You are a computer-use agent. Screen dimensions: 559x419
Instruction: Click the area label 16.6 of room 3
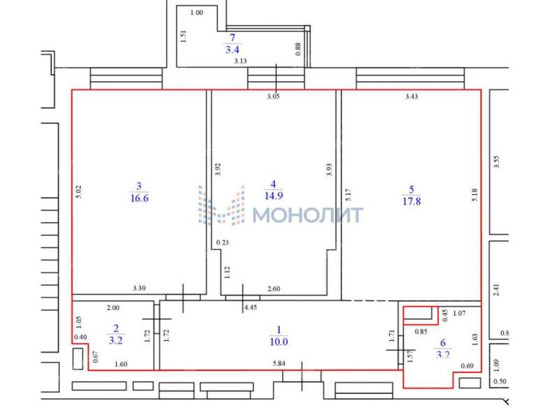coord(139,198)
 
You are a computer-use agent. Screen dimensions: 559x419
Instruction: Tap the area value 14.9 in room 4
coord(274,196)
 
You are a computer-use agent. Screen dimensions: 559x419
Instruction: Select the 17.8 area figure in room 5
coord(412,201)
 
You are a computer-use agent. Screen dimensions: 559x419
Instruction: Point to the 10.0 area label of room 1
coord(279,341)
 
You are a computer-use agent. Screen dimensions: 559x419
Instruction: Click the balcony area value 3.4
coord(232,50)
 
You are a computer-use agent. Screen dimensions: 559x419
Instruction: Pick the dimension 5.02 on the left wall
coord(79,191)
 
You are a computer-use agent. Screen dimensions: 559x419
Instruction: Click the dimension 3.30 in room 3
coord(139,288)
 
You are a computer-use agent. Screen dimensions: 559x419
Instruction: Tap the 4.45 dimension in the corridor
coord(250,307)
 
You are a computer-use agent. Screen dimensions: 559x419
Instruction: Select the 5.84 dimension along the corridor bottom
coord(279,363)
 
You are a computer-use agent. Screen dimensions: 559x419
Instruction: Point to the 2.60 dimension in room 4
coord(274,288)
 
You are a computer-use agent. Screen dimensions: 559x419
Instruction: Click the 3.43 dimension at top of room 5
coord(412,96)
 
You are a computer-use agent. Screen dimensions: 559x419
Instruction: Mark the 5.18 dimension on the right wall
coord(474,195)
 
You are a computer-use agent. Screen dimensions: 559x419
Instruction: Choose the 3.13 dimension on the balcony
coord(240,61)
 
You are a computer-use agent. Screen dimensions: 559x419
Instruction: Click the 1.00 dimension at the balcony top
coord(196,13)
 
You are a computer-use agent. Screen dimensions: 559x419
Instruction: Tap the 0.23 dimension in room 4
coord(222,242)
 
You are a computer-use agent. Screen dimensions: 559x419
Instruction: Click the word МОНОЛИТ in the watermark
coord(307,215)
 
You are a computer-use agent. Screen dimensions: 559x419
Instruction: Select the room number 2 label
coord(116,328)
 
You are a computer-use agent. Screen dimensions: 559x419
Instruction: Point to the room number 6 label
coord(443,343)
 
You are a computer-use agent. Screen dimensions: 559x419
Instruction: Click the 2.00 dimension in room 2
coord(113,308)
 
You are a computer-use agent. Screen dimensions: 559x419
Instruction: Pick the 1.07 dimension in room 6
coord(459,314)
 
